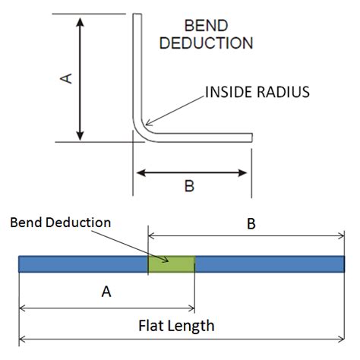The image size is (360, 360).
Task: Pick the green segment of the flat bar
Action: pos(171,264)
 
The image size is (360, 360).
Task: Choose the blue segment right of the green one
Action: pos(270,264)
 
